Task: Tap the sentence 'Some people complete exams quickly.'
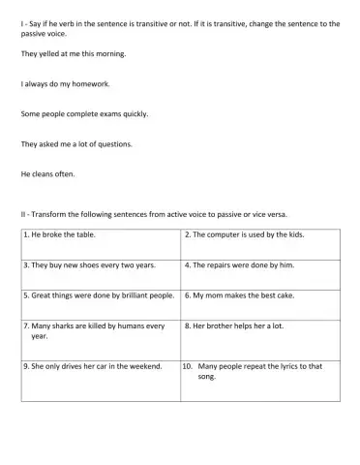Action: tap(84, 113)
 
